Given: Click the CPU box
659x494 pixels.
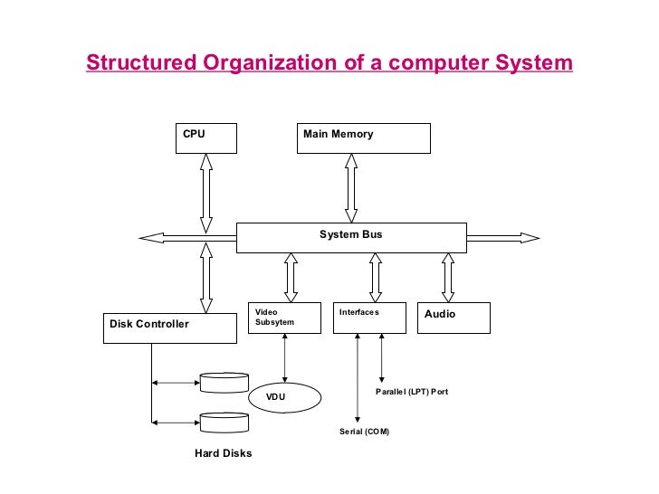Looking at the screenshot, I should tap(205, 138).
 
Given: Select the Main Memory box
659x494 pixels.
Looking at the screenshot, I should tap(364, 138).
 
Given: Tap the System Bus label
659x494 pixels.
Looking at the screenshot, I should tap(351, 234).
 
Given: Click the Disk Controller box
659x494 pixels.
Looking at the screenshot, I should tap(170, 327).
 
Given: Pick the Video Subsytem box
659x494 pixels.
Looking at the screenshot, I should tap(284, 318).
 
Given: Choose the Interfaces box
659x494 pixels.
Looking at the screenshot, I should tap(369, 318).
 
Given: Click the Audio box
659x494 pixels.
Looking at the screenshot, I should tap(453, 318).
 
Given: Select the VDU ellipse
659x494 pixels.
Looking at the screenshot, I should tap(285, 396).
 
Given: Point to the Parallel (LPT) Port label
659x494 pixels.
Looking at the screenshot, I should tap(412, 392).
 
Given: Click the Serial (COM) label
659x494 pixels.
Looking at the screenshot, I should tap(364, 432).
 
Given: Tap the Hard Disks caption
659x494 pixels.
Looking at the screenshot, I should tap(224, 453).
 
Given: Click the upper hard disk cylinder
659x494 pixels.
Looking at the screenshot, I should tap(224, 382).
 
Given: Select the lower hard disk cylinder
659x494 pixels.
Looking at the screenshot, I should tap(224, 422).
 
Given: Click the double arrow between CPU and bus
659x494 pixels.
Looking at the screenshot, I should tap(205, 193).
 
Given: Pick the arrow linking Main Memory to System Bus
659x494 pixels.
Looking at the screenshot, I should tap(350, 187).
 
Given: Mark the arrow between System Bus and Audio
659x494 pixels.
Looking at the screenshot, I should tap(446, 277).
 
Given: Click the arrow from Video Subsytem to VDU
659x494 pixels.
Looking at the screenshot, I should tap(285, 357).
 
